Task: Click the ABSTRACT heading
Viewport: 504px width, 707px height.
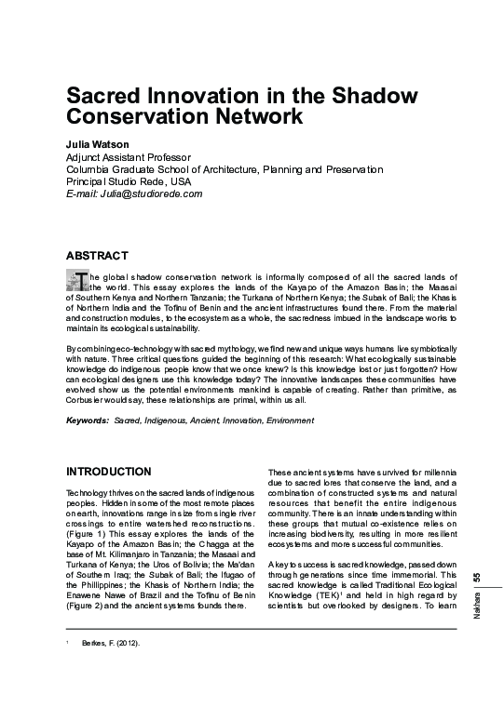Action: pos(97,255)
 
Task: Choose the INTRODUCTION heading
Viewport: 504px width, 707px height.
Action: pos(108,472)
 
